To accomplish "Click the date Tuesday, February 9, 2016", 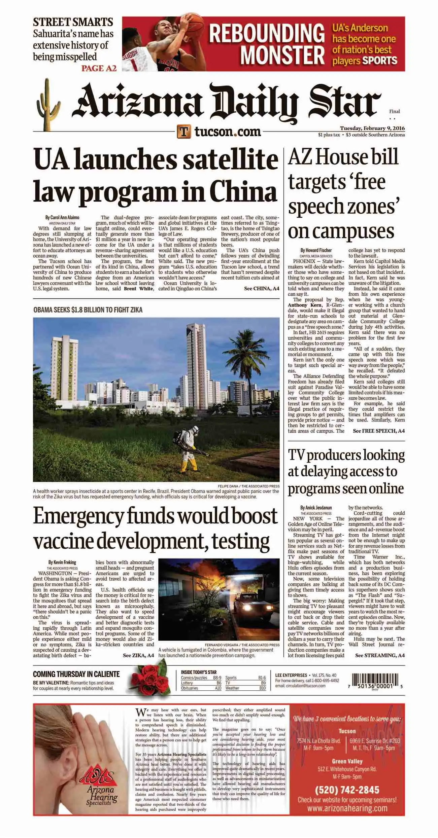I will pos(372,128).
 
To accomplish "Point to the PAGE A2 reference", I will pos(99,68).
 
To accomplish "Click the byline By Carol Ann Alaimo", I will pos(62,217).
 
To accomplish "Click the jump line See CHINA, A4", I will pos(261,288).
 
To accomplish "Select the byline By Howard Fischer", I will pos(316,250).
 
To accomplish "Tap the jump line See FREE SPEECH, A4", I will pos(378,431).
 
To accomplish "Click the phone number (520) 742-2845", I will pos(347,790).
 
